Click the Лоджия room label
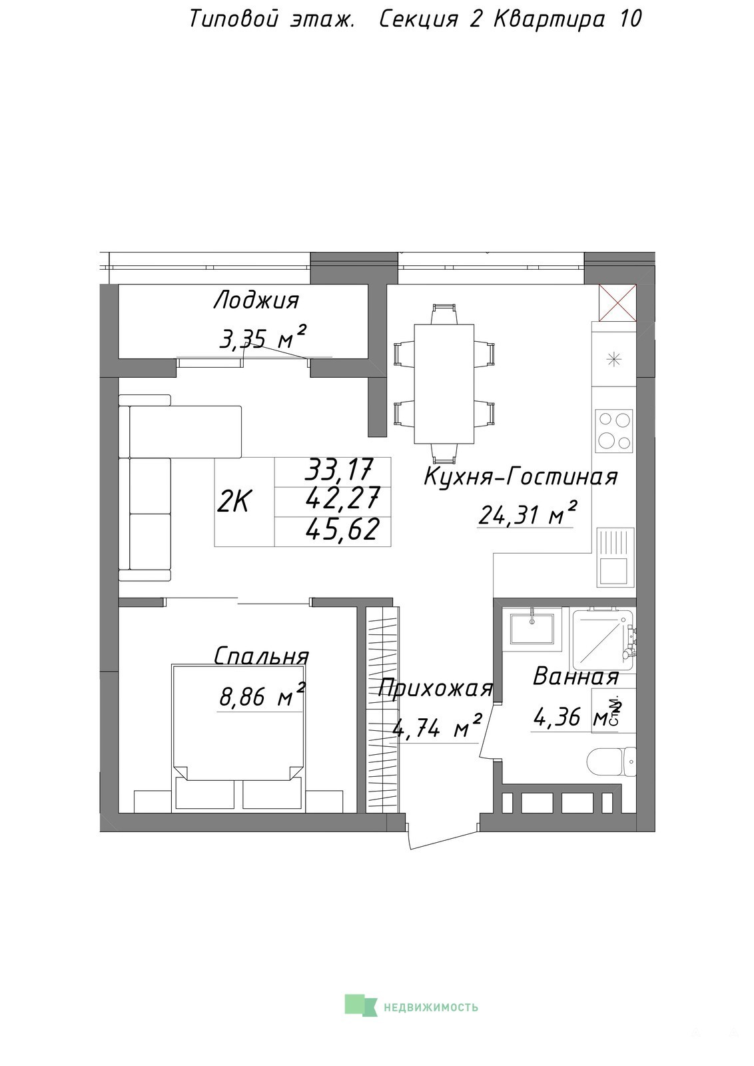pos(256,301)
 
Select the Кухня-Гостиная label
pos(520,476)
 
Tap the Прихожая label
pos(435,688)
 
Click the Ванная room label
pos(575,676)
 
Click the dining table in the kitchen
pos(444,384)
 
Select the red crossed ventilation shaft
pos(617,302)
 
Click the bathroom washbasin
pos(532,629)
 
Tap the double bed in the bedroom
pos(238,737)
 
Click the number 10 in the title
pos(630,19)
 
